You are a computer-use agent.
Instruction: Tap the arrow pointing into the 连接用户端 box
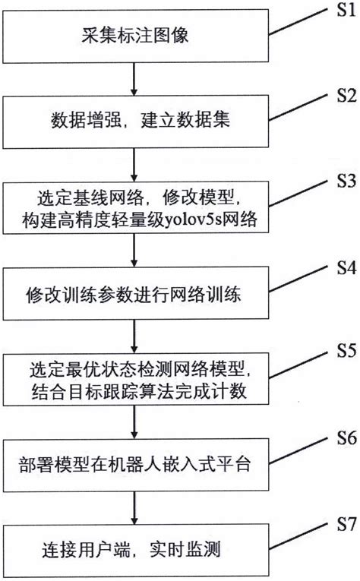pyautogui.click(x=134, y=506)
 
